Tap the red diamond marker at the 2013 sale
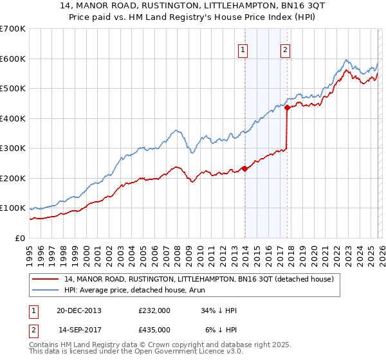244,168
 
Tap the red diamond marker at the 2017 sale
287,108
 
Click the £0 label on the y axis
19,239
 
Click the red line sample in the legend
46,280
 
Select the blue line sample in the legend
46,291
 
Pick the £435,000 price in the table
154,329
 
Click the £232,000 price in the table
154,310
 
